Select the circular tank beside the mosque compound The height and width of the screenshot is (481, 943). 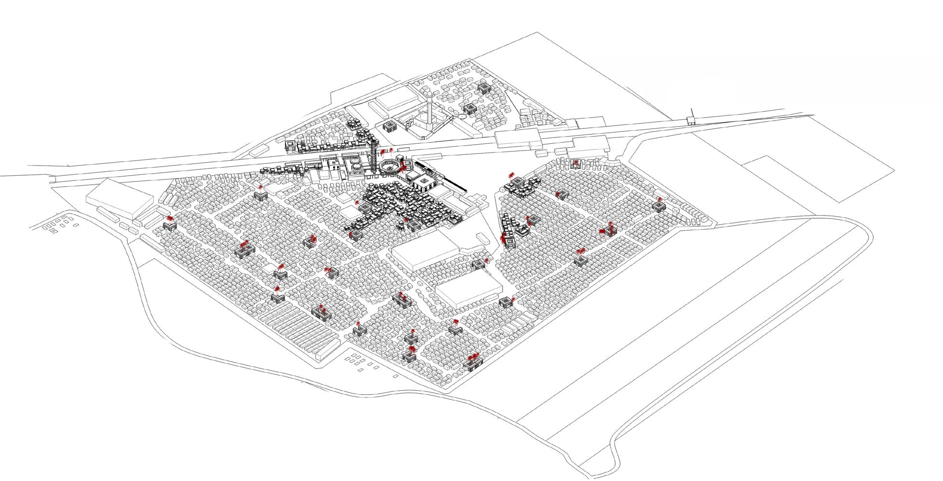tap(462, 116)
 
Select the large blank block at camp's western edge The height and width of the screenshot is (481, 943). tap(118, 197)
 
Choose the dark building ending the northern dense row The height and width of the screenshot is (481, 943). tap(290, 146)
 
